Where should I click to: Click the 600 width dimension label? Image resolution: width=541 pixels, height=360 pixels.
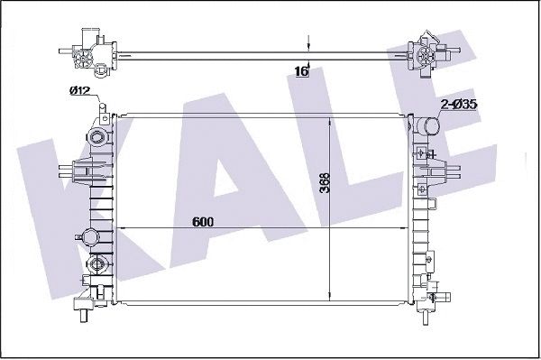pyautogui.click(x=203, y=222)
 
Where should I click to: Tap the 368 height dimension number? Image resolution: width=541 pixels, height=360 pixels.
pyautogui.click(x=325, y=183)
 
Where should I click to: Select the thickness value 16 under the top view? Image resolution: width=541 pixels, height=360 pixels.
pyautogui.click(x=301, y=71)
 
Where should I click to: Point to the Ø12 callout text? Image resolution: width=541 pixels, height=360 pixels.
pyautogui.click(x=79, y=91)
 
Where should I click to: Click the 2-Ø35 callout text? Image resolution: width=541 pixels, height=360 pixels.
pyautogui.click(x=459, y=104)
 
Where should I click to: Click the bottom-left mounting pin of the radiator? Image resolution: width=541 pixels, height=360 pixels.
pyautogui.click(x=83, y=316)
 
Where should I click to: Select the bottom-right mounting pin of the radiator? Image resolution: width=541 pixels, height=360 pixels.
pyautogui.click(x=426, y=318)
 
